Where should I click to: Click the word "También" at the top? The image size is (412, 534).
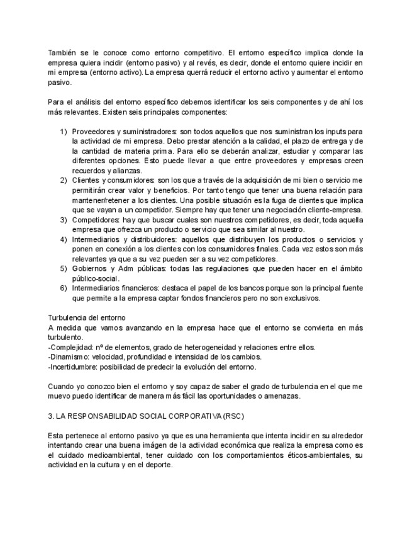pos(62,53)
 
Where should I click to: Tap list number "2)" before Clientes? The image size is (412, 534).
pos(64,180)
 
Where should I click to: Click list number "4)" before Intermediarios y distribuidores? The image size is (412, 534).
pos(64,239)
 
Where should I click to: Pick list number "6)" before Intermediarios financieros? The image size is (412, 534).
pos(64,288)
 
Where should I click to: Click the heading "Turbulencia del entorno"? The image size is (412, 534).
pos(87,317)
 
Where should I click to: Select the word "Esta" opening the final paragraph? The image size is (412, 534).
pos(56,436)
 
